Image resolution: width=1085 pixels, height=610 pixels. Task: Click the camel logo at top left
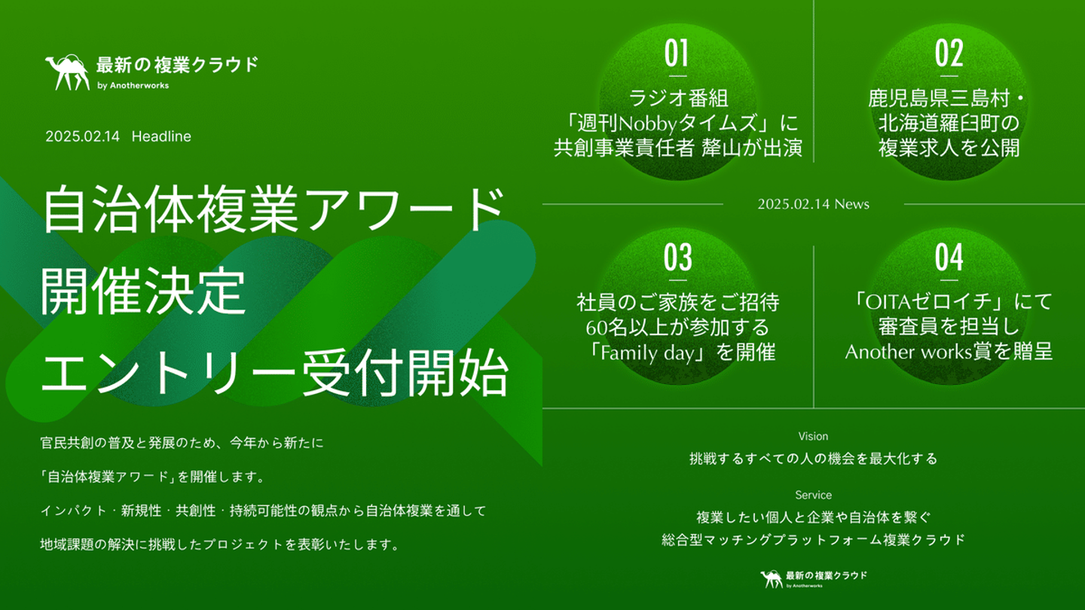(67, 72)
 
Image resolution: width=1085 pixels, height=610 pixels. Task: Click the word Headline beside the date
(161, 136)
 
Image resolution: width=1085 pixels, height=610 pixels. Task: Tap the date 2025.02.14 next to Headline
(82, 136)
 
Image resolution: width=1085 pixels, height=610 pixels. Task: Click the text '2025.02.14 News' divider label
(813, 204)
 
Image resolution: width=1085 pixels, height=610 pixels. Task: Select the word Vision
(813, 436)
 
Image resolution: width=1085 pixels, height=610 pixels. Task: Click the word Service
(813, 495)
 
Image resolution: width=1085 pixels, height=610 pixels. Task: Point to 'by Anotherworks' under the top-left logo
(133, 86)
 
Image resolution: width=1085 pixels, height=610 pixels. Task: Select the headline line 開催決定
(143, 291)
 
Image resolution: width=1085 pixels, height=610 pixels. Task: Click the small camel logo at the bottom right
(772, 578)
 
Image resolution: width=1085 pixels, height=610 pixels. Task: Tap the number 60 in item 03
(596, 328)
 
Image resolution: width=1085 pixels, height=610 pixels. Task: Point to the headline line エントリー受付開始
(274, 373)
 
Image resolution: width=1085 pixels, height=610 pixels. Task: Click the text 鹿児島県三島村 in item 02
(939, 98)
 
